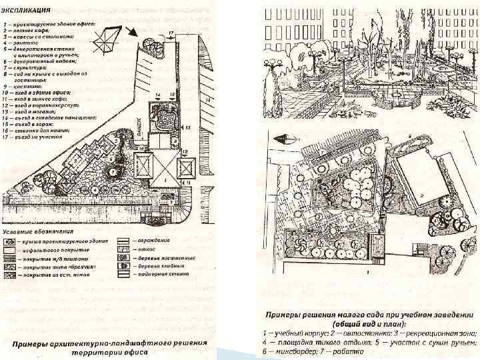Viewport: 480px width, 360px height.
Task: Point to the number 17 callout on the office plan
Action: point(171,33)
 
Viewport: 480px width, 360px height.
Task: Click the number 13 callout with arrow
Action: point(189,126)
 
